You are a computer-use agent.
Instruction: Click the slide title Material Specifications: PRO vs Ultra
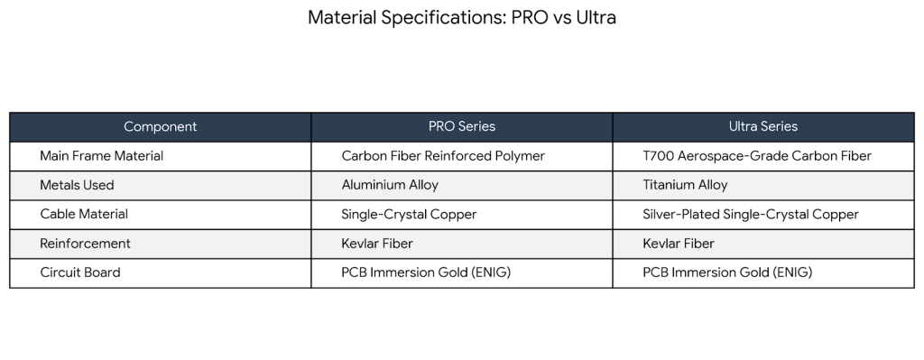[x=461, y=18]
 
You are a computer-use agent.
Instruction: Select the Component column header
[x=160, y=126]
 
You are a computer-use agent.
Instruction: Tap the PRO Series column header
[x=461, y=126]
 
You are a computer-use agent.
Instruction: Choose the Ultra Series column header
[x=762, y=126]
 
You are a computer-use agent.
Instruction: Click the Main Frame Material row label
[x=101, y=156]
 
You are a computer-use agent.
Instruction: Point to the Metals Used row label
[x=77, y=185]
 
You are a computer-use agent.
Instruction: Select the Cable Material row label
[x=84, y=215]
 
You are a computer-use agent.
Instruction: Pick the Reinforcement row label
[x=85, y=244]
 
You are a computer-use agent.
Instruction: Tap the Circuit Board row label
[x=79, y=272]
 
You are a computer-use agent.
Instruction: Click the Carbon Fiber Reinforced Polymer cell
[x=443, y=156]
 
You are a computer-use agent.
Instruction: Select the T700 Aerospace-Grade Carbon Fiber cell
[x=756, y=156]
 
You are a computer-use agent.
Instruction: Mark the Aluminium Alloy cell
[x=390, y=185]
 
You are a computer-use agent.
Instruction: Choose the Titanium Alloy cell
[x=685, y=185]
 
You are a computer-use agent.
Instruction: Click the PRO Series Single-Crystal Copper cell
[x=409, y=215]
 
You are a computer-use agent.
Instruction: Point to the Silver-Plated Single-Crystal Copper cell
[x=750, y=215]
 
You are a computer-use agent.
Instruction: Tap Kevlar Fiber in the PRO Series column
[x=377, y=244]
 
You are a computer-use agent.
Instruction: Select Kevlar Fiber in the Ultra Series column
[x=679, y=244]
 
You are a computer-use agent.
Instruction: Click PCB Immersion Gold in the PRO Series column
[x=426, y=272]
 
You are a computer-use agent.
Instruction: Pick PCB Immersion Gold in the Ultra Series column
[x=727, y=272]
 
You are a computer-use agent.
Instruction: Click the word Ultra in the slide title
[x=596, y=18]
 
